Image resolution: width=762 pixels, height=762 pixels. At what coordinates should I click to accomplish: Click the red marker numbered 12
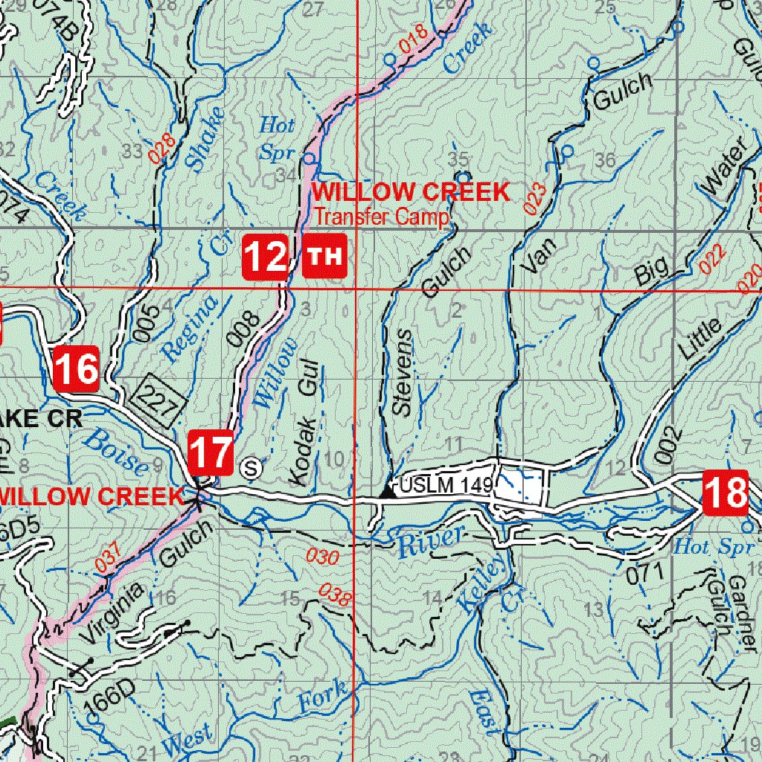tap(266, 257)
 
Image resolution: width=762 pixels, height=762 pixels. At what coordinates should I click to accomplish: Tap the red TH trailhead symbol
tap(325, 257)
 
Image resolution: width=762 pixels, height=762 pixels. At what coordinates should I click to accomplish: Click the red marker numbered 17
tap(211, 452)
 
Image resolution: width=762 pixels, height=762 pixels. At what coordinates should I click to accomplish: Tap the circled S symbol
tap(252, 468)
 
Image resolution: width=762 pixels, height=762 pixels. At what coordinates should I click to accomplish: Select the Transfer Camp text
tap(381, 217)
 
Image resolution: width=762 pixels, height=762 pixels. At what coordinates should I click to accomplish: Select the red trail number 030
tap(323, 557)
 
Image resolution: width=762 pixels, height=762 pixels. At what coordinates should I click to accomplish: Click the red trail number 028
tap(160, 147)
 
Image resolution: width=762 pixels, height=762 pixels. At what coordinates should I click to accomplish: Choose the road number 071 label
tap(644, 572)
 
